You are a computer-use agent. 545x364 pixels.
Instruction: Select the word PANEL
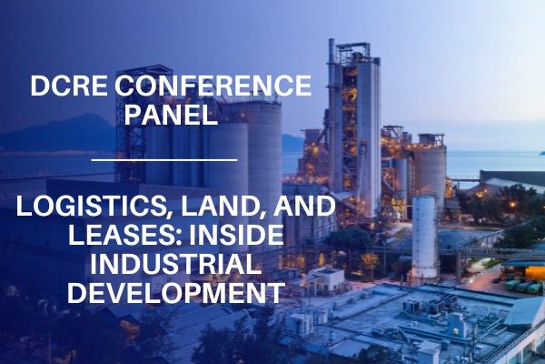click(x=171, y=115)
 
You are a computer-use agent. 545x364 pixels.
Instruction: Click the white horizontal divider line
click(x=164, y=160)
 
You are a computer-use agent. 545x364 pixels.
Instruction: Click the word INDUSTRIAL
click(x=175, y=264)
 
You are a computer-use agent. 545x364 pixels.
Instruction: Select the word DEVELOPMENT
click(x=176, y=293)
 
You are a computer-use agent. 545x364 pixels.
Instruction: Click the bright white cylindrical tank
click(x=424, y=237)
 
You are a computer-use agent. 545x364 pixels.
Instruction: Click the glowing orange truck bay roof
click(x=535, y=273)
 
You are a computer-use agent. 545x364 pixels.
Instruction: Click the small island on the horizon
click(x=541, y=153)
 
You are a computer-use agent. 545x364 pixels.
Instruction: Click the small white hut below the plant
click(x=326, y=279)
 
